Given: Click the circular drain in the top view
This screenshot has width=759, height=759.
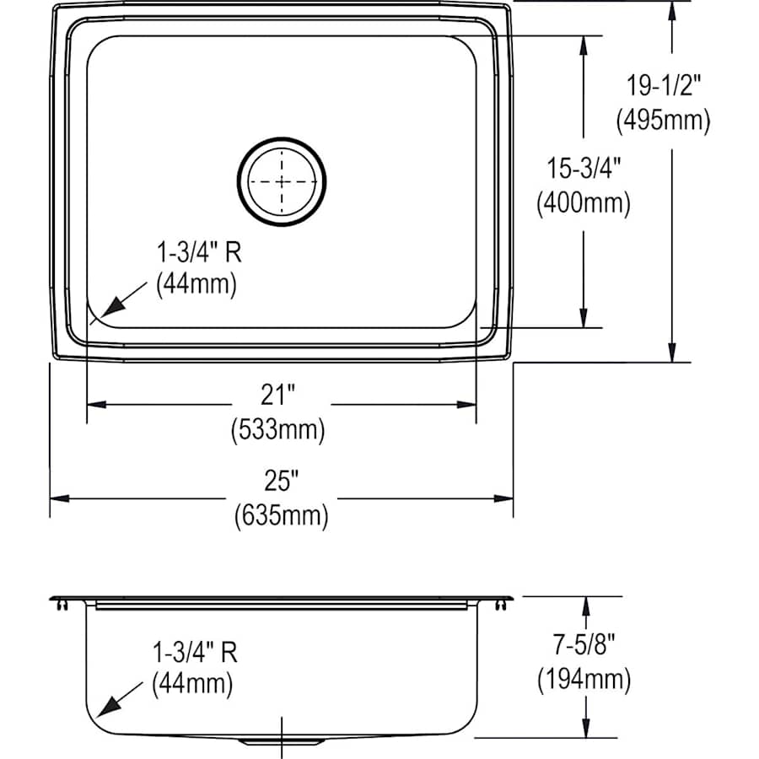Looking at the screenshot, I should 282,182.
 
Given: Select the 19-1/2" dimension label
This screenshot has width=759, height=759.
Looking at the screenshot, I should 663,84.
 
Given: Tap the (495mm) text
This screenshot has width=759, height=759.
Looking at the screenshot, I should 663,121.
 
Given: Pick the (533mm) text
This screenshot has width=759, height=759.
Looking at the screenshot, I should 279,430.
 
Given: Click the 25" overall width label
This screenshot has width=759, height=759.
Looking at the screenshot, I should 281,481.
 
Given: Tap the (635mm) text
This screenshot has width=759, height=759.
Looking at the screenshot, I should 281,515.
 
